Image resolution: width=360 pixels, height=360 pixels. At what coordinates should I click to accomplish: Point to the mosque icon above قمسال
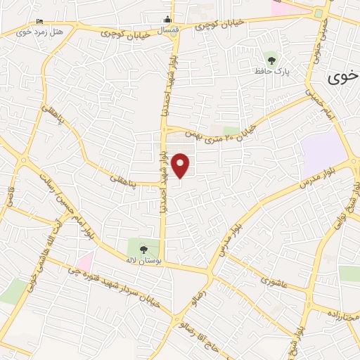coord(167,20)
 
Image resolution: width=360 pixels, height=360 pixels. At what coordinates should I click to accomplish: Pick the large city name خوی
coord(342,77)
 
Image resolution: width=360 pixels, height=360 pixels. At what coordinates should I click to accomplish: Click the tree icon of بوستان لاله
coord(144,248)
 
